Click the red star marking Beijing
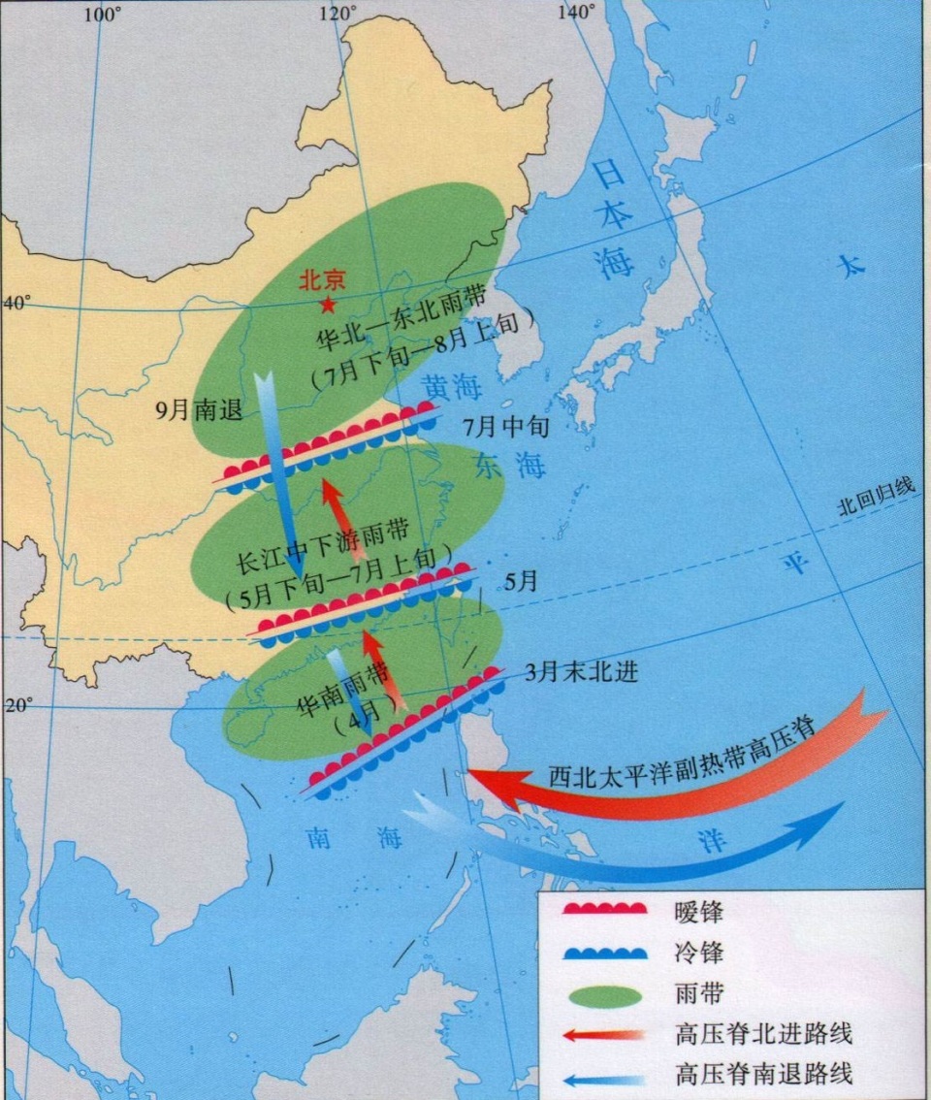point(329,306)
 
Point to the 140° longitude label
point(576,12)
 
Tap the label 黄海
point(452,389)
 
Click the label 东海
point(510,466)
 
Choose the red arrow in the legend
point(606,1035)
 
